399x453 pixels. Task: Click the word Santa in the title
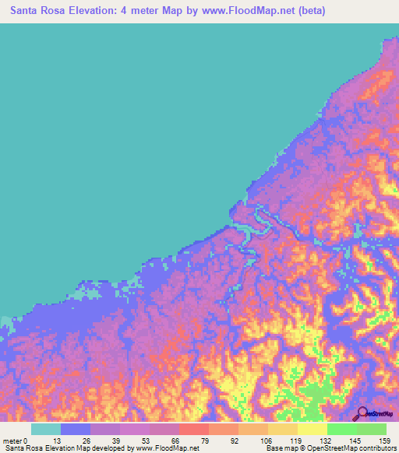pos(26,11)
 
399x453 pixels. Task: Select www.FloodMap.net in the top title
pos(246,11)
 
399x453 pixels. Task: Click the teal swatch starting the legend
pos(46,429)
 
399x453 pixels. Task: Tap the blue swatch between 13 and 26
pos(76,429)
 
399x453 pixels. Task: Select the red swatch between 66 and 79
pos(194,429)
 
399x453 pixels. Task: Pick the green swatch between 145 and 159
pos(372,429)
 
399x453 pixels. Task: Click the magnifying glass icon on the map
pos(362,413)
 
